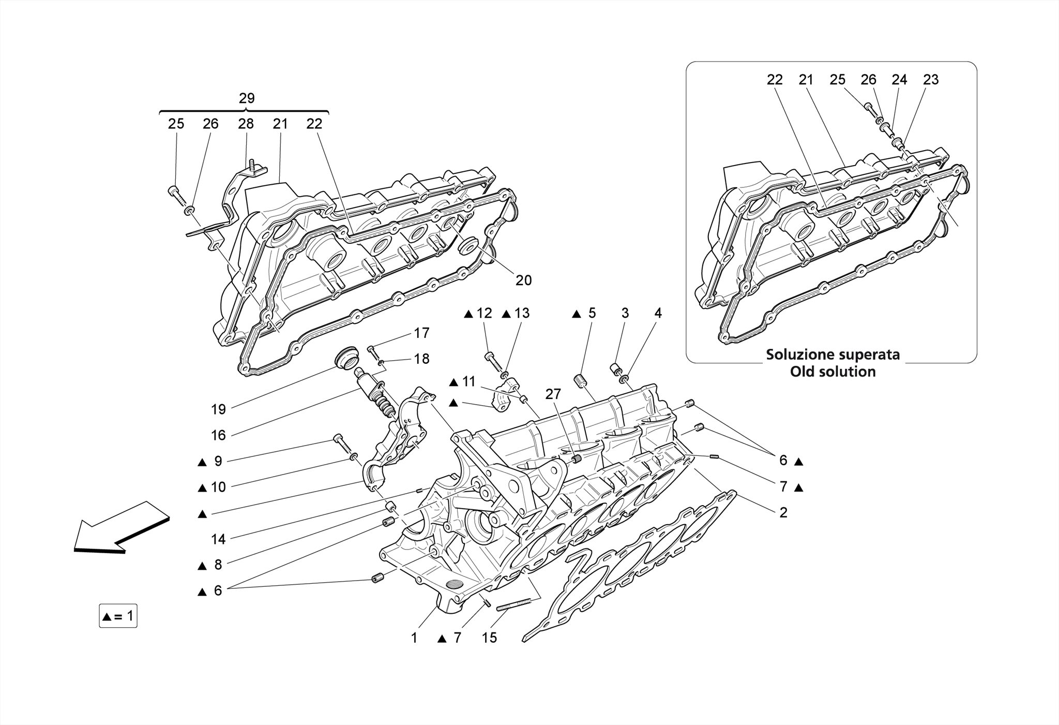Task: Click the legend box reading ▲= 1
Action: tap(118, 616)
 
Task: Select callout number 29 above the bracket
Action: tap(247, 98)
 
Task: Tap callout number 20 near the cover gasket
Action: tap(523, 280)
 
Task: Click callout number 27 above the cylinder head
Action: tap(553, 394)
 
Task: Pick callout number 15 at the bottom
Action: tap(489, 638)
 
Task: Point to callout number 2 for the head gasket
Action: tap(783, 513)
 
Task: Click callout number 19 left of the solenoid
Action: tap(218, 409)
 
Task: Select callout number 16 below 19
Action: tap(218, 435)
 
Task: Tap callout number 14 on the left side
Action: tap(218, 539)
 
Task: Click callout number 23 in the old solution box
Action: tap(931, 80)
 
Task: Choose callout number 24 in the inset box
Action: tap(899, 80)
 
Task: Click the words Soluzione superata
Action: tap(833, 355)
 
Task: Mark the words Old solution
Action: tap(833, 372)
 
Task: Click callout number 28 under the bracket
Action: tap(246, 124)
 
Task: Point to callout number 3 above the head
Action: tap(625, 313)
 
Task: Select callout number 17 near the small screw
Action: tap(421, 333)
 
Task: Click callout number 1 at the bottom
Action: tap(414, 638)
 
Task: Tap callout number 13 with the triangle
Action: tap(522, 313)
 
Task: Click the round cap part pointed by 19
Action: tap(345, 357)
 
